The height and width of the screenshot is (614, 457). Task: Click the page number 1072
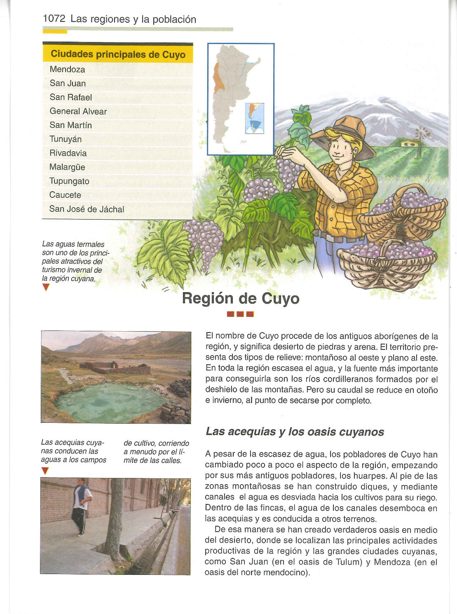click(x=54, y=19)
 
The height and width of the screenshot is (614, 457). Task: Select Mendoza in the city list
click(x=67, y=69)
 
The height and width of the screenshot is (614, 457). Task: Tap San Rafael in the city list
click(x=70, y=97)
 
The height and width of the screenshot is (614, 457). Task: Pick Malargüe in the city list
click(x=67, y=167)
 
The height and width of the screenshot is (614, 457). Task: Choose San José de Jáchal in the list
click(x=87, y=209)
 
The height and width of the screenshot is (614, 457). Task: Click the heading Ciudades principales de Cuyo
click(x=118, y=54)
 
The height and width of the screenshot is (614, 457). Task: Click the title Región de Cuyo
click(x=241, y=298)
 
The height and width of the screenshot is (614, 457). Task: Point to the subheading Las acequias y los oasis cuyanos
click(x=295, y=431)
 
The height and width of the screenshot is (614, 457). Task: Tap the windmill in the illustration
click(x=422, y=134)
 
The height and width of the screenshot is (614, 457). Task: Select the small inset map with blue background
click(x=254, y=118)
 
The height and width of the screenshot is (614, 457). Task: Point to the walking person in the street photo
click(x=81, y=507)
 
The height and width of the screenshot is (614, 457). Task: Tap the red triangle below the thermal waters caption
click(x=46, y=288)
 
